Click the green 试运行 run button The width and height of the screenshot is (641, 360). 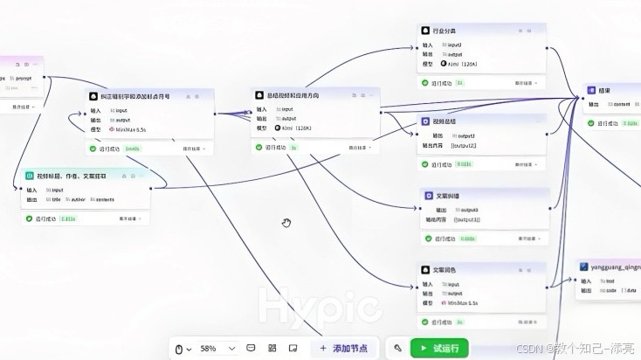(439, 348)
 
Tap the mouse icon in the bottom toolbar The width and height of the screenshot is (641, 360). (180, 348)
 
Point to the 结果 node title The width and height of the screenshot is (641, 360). (604, 90)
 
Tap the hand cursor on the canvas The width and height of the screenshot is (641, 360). (286, 224)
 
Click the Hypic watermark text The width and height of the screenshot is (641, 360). (320, 307)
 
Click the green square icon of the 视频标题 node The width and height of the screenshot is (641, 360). (30, 176)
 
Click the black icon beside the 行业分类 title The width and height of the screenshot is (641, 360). (426, 30)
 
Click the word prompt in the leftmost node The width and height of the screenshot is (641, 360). (24, 78)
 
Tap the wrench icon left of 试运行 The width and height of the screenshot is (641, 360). (398, 348)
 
